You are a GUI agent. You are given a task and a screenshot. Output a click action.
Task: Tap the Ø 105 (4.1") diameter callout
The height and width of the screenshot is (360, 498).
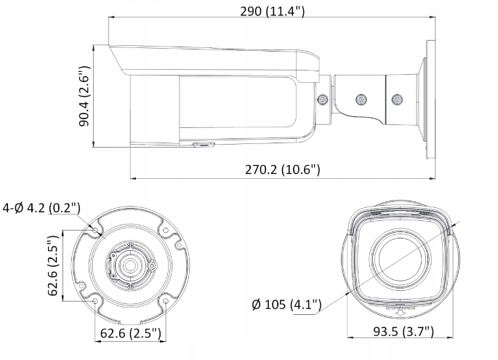pos(285,303)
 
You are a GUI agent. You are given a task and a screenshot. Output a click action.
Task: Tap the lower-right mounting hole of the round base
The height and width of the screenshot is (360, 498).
pos(165,300)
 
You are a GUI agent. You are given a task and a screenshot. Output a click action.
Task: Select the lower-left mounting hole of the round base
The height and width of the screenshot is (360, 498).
pos(96,300)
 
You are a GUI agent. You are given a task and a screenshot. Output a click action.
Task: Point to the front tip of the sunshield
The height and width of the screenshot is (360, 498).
pos(108,49)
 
